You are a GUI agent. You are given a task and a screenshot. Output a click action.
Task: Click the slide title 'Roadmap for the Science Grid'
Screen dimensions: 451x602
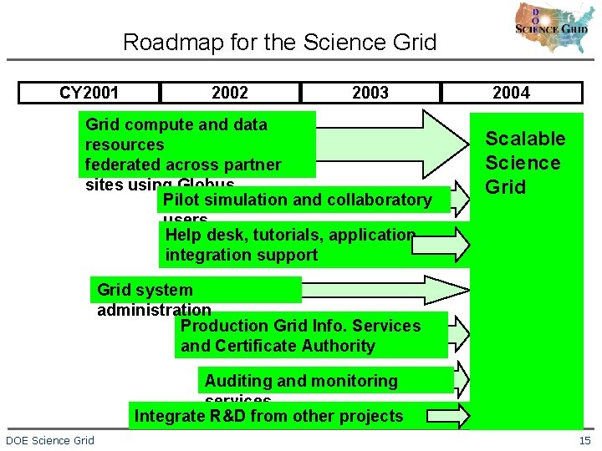pyautogui.click(x=279, y=42)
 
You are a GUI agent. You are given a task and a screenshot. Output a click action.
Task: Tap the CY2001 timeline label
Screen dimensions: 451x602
pyautogui.click(x=89, y=93)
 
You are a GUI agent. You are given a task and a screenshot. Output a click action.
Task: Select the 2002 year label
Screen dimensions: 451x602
pyautogui.click(x=230, y=93)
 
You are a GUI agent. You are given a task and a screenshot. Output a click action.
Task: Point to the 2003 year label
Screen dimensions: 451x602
pyautogui.click(x=370, y=93)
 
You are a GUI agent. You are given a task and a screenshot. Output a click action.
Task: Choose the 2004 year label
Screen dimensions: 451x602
pyautogui.click(x=511, y=93)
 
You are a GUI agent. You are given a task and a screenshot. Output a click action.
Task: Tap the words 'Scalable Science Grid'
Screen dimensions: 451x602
pyautogui.click(x=525, y=163)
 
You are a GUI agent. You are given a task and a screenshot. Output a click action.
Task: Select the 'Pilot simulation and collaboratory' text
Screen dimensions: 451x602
pyautogui.click(x=298, y=200)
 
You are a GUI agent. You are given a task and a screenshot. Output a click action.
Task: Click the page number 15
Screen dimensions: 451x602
pyautogui.click(x=584, y=440)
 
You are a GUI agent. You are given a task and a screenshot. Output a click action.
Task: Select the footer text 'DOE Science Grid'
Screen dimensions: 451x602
pyautogui.click(x=50, y=440)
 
